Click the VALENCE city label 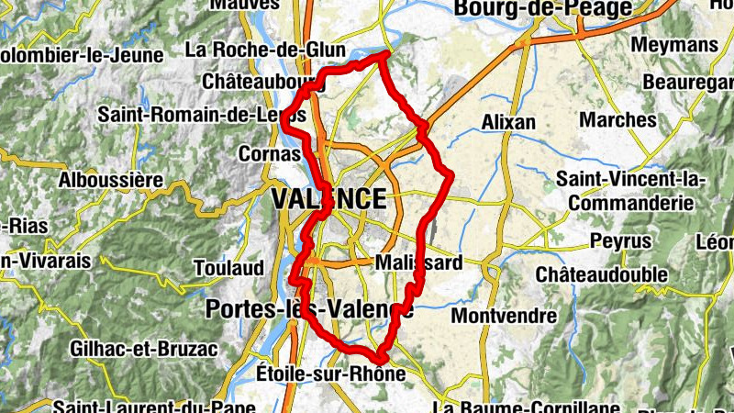pos(328,199)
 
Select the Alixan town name pos(508,122)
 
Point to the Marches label pos(618,120)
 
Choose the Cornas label pos(269,153)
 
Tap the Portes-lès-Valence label pos(310,309)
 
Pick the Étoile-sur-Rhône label pos(331,374)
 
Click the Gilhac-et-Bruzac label pos(143,349)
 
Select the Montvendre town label pos(505,316)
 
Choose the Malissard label pos(419,263)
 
